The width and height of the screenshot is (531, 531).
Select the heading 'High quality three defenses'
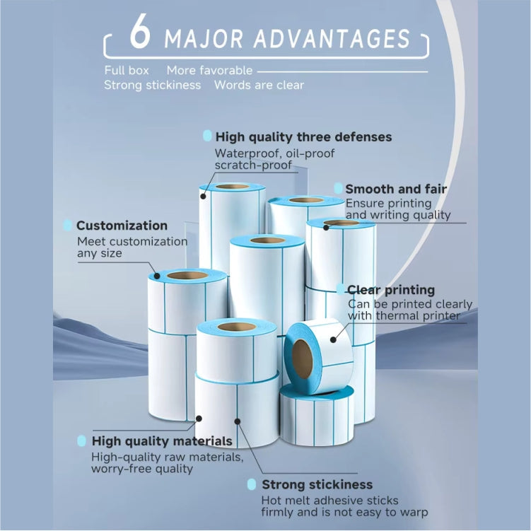coord(303,136)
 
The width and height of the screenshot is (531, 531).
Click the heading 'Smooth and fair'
coord(395,189)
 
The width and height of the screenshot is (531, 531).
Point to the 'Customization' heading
coord(122,226)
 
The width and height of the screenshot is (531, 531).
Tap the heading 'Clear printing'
coord(390,290)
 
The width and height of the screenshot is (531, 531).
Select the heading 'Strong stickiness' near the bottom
coord(317,484)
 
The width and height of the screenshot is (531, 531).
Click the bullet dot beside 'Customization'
coord(67,226)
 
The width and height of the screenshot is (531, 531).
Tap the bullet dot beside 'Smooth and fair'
coord(338,189)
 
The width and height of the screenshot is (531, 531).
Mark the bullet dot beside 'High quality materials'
coord(82,441)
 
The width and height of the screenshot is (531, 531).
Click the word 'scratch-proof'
coord(253,165)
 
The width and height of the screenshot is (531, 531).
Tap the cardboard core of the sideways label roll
coord(303,349)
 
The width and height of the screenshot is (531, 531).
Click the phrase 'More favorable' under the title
coord(209,70)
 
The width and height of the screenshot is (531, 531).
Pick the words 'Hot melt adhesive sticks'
coord(325,500)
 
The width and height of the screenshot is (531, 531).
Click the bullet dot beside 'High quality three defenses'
coord(207,136)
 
